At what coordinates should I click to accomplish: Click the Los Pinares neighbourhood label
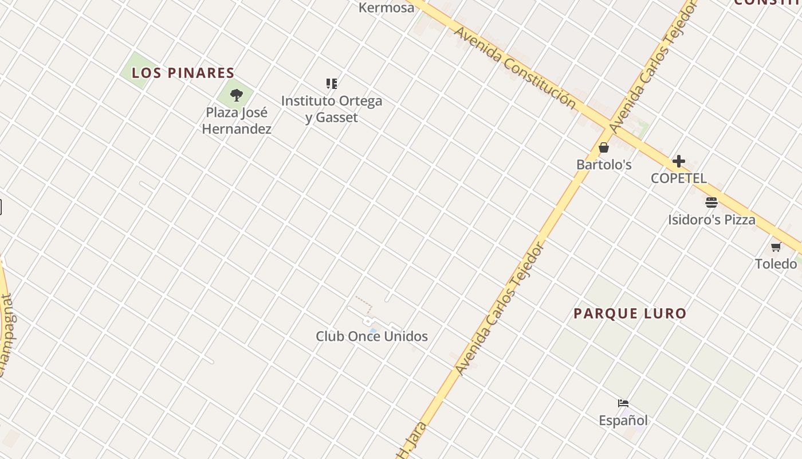coord(183,73)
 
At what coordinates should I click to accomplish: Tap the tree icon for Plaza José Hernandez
coord(236,95)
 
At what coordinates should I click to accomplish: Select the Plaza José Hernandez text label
coord(237,120)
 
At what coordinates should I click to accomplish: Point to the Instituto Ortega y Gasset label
coord(332,109)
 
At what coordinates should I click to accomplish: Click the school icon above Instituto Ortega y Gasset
coord(332,84)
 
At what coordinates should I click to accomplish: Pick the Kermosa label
coord(386,7)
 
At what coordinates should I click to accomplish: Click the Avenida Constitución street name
coord(514,67)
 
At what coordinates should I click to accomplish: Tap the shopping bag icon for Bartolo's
coord(604,147)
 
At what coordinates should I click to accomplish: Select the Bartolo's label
coord(604,165)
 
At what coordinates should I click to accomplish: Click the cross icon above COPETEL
coord(679,161)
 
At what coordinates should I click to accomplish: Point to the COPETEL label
coord(679,178)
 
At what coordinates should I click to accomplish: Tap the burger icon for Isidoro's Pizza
coord(711,203)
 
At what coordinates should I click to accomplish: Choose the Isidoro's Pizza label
coord(711,220)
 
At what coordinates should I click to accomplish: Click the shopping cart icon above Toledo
coord(776,247)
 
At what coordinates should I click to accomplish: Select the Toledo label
coord(776,264)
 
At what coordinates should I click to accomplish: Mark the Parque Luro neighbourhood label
coord(630,314)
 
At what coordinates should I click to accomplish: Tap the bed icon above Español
coord(623,403)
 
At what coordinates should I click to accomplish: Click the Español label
coord(623,421)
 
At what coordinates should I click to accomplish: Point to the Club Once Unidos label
coord(372,336)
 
